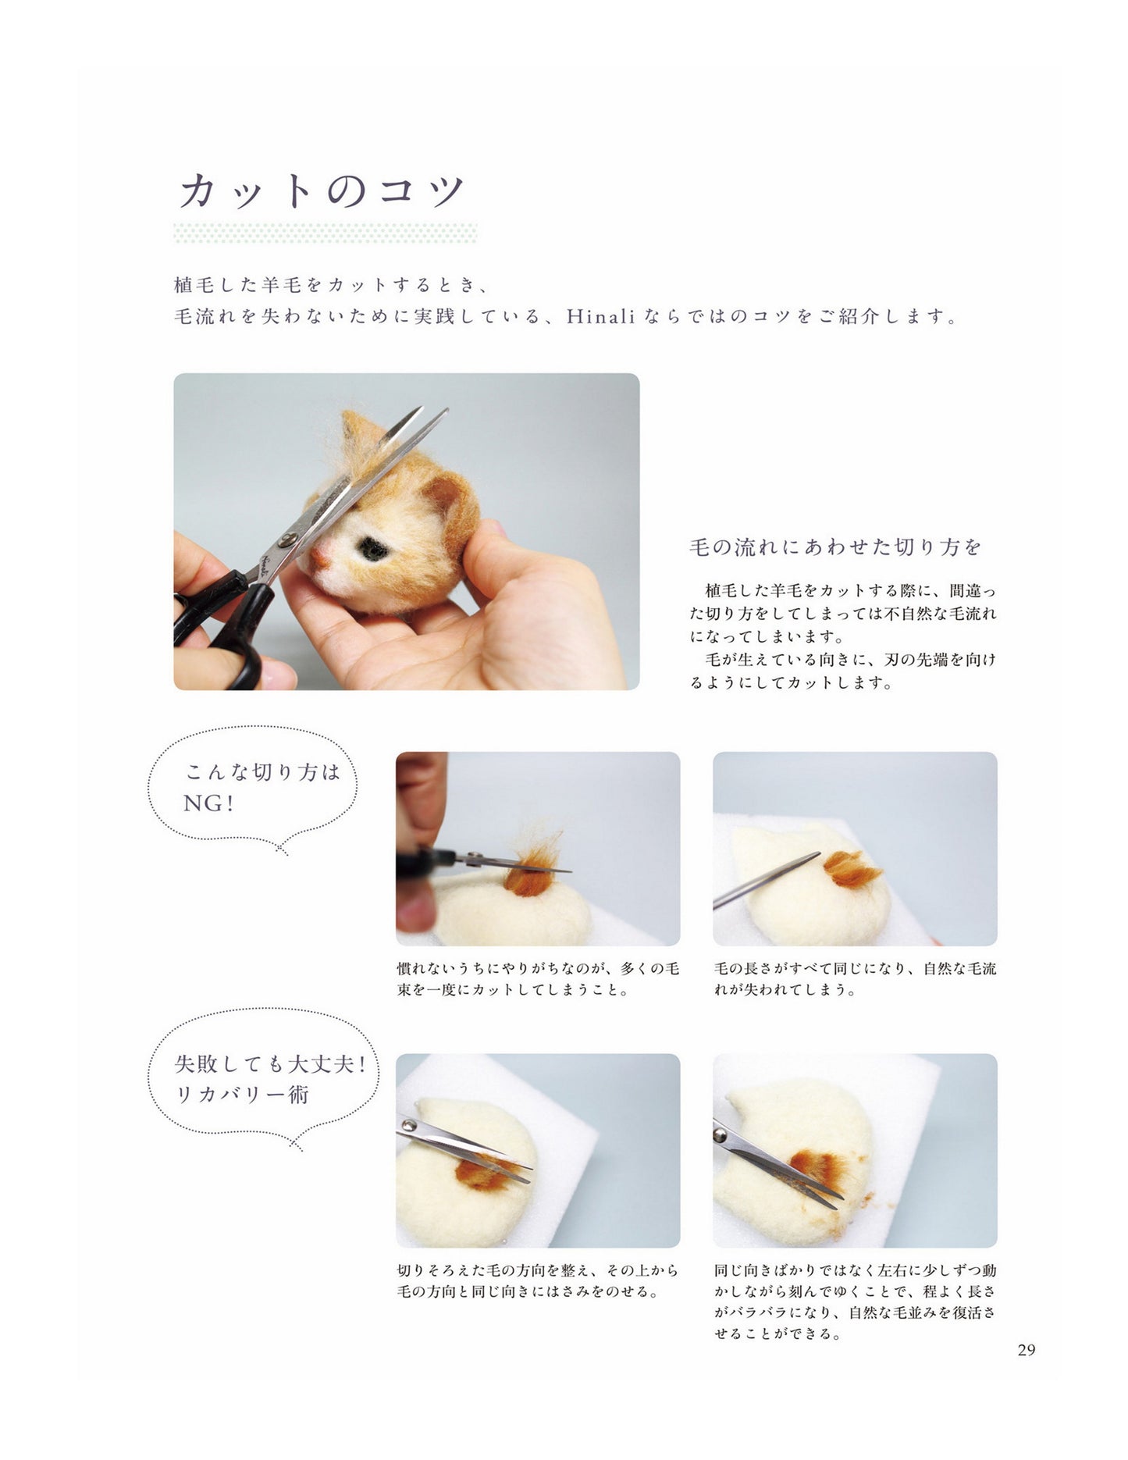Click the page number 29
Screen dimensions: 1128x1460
click(1026, 1350)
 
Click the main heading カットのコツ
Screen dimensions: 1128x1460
click(322, 191)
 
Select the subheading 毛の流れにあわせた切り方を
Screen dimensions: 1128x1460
click(834, 547)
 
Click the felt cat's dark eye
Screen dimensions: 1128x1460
click(374, 549)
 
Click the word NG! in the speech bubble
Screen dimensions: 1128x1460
click(208, 803)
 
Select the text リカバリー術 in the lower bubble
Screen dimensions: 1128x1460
click(242, 1095)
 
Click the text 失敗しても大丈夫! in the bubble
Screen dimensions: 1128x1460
click(270, 1064)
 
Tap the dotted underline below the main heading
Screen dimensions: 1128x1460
click(326, 233)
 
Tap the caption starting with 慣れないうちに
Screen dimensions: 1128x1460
click(538, 979)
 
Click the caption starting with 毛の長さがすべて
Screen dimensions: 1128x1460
click(855, 979)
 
